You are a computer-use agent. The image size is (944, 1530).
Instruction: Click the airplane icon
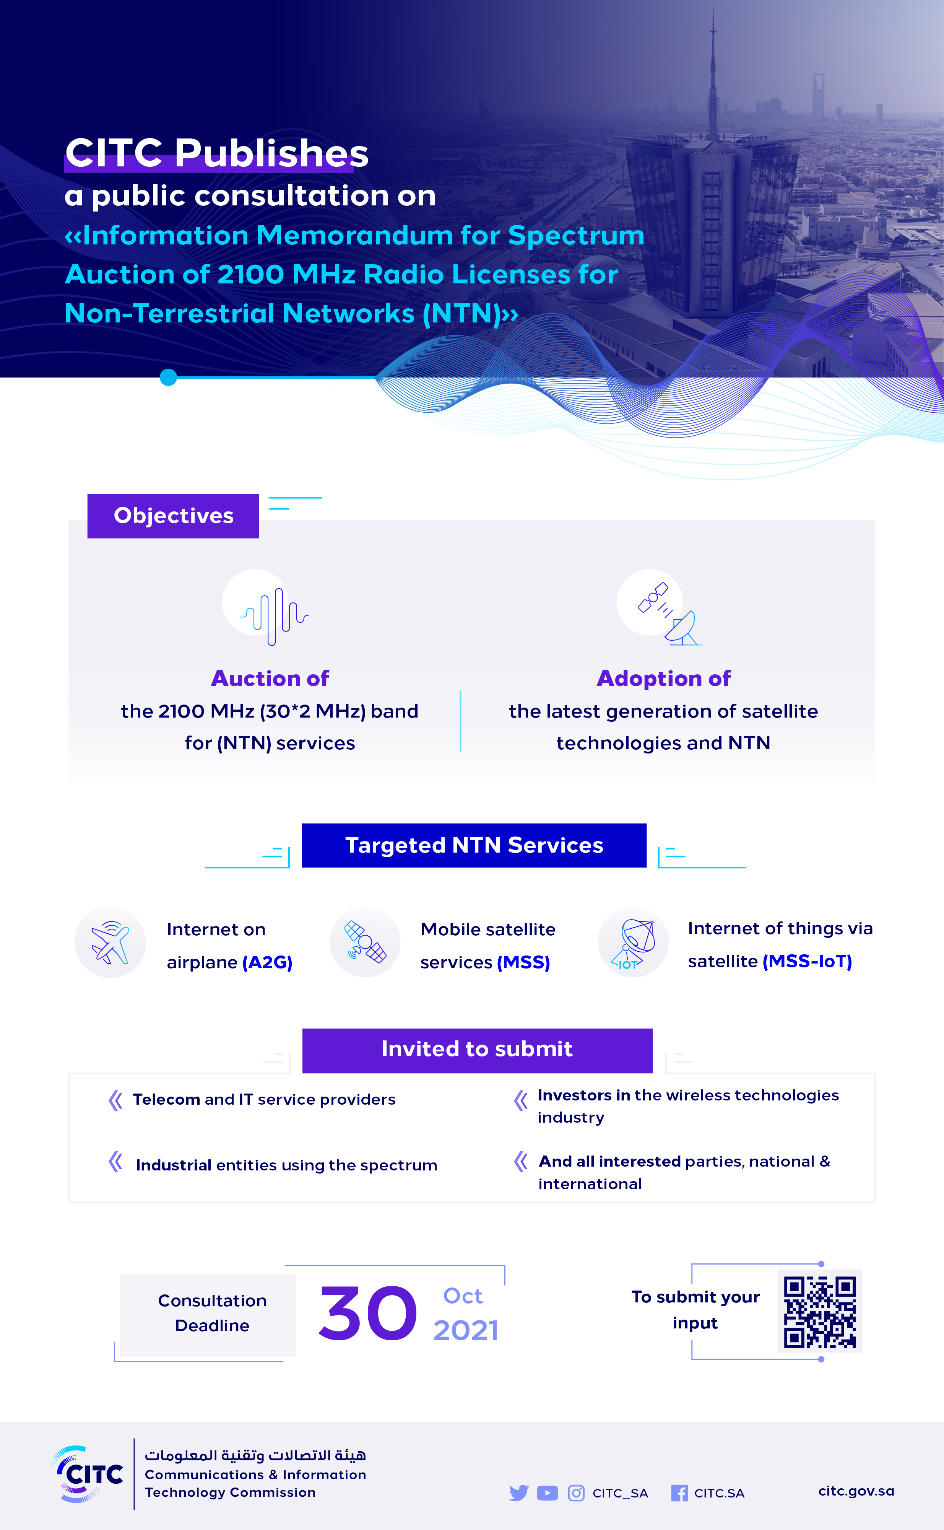point(110,942)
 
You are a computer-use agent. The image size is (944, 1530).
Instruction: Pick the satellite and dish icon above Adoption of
point(668,613)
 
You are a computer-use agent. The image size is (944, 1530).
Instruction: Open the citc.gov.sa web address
point(856,1491)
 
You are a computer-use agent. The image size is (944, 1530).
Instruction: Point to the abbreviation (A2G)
point(267,962)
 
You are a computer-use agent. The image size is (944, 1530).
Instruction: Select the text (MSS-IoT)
point(807,961)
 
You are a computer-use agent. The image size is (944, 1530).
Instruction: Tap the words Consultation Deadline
point(212,1313)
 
